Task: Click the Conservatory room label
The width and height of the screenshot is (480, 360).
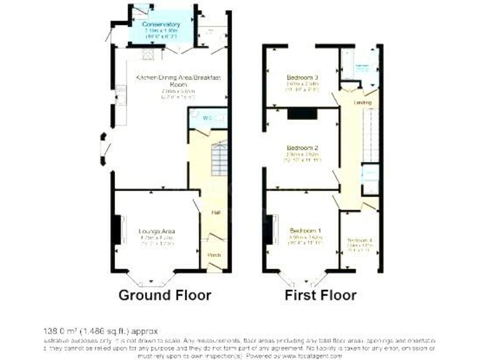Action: coord(161,25)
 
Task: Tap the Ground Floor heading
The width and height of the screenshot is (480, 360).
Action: coord(165,295)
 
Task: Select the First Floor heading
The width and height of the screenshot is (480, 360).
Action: coord(321,295)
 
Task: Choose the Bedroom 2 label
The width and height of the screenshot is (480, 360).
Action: coord(302,148)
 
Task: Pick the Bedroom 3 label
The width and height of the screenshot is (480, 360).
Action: coord(302,78)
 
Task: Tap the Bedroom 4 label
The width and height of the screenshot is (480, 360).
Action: coord(359,241)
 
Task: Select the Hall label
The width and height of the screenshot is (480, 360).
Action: coord(216,213)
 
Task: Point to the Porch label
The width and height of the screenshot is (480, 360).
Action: coord(214,254)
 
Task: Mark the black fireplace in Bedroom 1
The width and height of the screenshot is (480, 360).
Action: coord(273,229)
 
